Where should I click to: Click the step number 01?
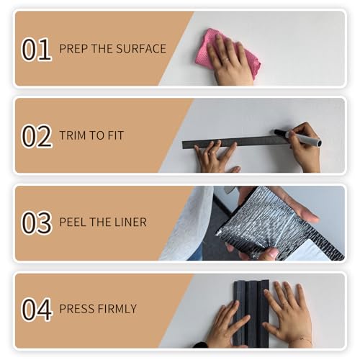pos(37,49)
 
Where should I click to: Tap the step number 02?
pos(37,136)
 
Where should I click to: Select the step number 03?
pos(37,222)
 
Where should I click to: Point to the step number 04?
pos(37,310)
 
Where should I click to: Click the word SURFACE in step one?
pos(141,49)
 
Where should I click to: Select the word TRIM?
pos(73,135)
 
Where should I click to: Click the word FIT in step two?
pos(116,135)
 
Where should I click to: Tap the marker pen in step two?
pos(298,138)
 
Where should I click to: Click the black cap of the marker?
pos(280,133)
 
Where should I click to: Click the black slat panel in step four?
pos(251,313)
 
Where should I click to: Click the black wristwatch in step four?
pos(201,345)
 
